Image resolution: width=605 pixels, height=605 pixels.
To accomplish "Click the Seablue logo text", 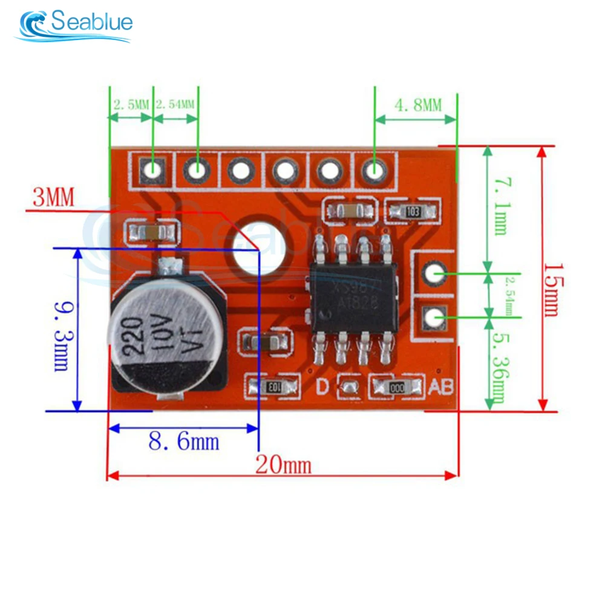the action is pos(91,23).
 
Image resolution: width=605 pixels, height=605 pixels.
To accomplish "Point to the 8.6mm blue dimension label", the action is pos(184,442).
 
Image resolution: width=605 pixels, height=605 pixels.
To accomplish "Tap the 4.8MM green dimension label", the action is pos(418,105).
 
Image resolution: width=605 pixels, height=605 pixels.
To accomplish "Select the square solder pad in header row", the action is pos(152,170).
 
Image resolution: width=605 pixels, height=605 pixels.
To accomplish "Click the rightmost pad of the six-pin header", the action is pos(374,171).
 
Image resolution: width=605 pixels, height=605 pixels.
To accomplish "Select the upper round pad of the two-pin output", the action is pos(433,273).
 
